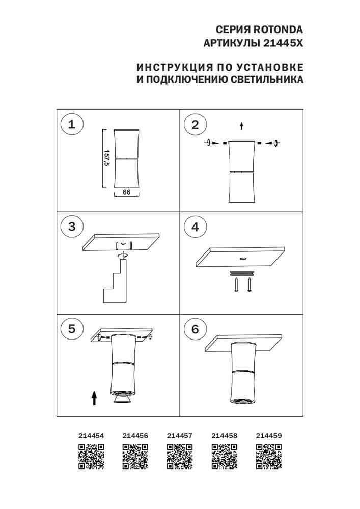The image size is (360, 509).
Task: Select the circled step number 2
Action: click(x=195, y=125)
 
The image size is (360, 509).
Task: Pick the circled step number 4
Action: click(x=195, y=227)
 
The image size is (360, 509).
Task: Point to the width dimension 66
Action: click(x=127, y=193)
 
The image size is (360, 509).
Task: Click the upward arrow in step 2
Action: click(x=242, y=125)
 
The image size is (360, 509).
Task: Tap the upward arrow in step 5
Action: click(x=94, y=398)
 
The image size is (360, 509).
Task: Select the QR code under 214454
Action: click(x=92, y=456)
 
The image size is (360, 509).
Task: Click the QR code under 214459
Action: click(x=268, y=456)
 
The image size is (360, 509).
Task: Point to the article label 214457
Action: click(x=180, y=436)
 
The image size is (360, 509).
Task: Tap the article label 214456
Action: click(x=135, y=436)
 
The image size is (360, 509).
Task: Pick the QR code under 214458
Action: click(x=224, y=456)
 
